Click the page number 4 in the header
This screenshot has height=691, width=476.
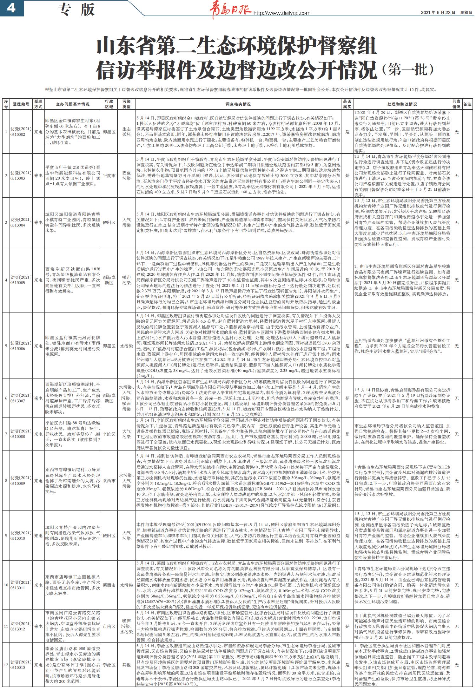[11, 9]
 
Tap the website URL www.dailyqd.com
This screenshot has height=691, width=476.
[281, 13]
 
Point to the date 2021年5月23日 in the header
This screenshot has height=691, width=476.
[438, 13]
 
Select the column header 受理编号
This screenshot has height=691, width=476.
[21, 104]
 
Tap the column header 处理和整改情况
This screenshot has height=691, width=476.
[402, 104]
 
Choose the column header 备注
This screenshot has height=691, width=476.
[467, 104]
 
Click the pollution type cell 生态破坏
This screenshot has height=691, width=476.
[126, 132]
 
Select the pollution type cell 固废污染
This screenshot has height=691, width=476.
[126, 175]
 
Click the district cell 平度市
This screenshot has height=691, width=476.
[109, 175]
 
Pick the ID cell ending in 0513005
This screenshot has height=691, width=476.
[21, 280]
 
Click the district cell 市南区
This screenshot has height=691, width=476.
[109, 626]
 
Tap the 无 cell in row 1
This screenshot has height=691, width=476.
[457, 132]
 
